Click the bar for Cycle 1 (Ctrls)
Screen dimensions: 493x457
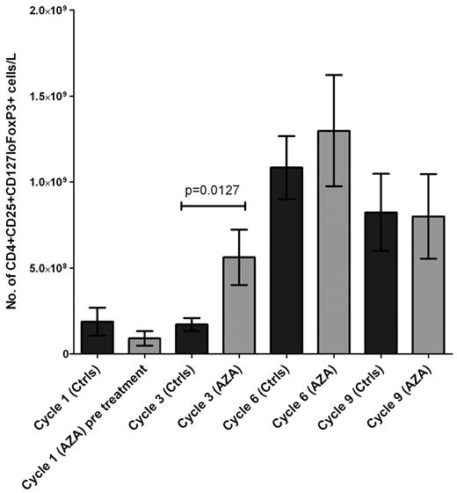pos(98,338)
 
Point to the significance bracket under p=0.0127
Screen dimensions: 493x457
pos(213,205)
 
